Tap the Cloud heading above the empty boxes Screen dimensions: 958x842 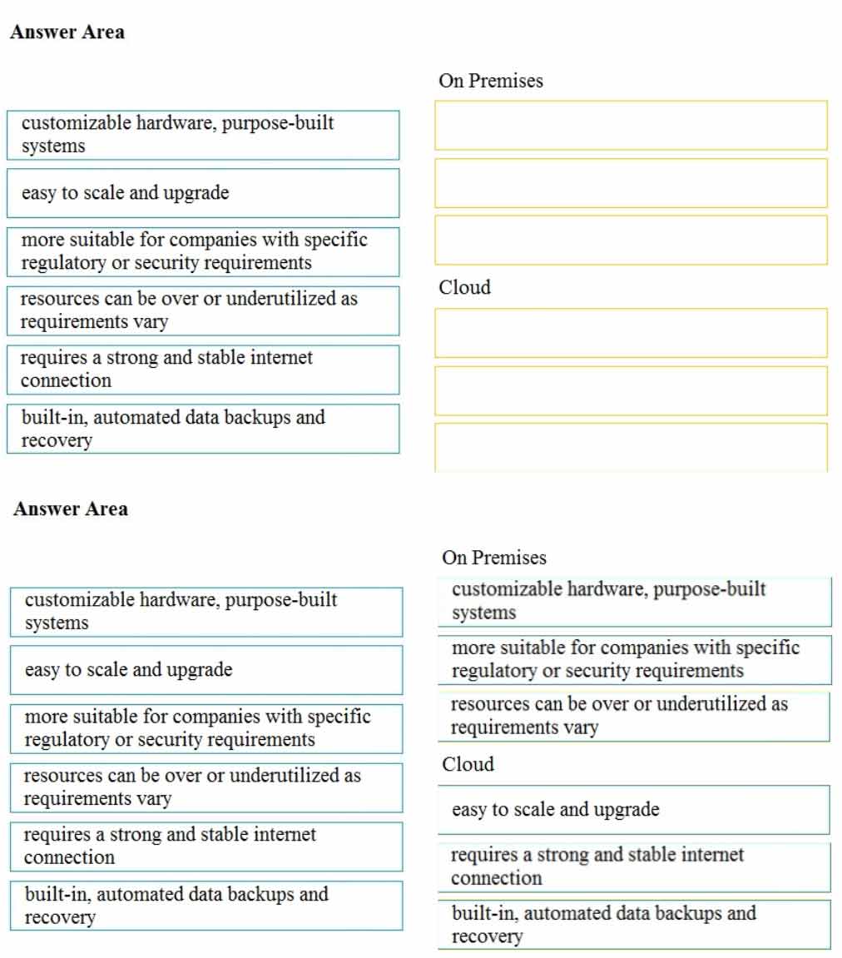464,288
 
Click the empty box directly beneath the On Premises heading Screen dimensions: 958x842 631,126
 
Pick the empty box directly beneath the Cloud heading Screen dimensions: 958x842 631,333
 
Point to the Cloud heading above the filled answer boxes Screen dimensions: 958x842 468,764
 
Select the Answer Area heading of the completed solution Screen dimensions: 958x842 71,509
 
